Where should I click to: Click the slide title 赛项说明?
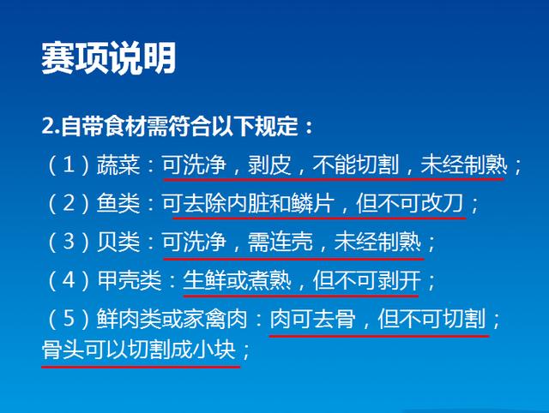[x=108, y=58]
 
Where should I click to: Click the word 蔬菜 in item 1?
[x=118, y=165]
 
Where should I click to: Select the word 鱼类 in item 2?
[x=118, y=203]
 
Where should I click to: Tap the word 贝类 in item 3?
[x=118, y=242]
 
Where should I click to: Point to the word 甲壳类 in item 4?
[x=130, y=280]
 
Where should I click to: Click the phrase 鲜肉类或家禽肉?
[x=172, y=319]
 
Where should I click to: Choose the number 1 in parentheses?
[x=69, y=165]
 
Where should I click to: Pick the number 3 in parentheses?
[x=69, y=242]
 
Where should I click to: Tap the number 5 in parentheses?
[x=69, y=319]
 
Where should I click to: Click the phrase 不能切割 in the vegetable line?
[x=356, y=165]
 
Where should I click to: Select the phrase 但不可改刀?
[x=410, y=203]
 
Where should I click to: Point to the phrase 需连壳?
[x=281, y=242]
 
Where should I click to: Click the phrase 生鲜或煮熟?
[x=237, y=280]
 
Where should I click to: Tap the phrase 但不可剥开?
[x=367, y=280]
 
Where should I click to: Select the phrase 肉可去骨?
[x=312, y=319]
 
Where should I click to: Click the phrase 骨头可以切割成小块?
[x=139, y=350]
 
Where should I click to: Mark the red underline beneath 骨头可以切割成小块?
[x=141, y=367]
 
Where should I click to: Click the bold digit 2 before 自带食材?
[x=48, y=126]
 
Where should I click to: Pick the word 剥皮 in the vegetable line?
[x=269, y=165]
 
